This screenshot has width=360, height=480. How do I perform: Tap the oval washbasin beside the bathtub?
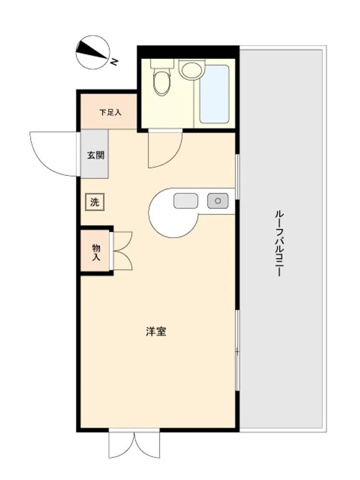tap(192, 70)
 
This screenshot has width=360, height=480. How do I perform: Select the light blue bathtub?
tap(214, 94)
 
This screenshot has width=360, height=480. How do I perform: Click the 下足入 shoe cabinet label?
tap(110, 112)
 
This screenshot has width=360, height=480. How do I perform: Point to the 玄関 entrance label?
tap(96, 155)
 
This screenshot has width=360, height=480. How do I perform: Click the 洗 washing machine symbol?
tap(95, 202)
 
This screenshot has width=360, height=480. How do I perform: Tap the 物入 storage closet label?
tap(96, 252)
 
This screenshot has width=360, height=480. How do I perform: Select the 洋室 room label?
tap(156, 332)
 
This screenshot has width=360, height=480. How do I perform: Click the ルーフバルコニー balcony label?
tap(279, 243)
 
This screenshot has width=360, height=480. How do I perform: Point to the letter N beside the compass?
tap(114, 62)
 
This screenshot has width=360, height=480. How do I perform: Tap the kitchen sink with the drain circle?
tap(217, 201)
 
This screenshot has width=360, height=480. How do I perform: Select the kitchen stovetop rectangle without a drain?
tap(186, 201)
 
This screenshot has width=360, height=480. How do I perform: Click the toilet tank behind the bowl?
tap(162, 63)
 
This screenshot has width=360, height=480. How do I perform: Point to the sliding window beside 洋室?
tap(237, 350)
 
